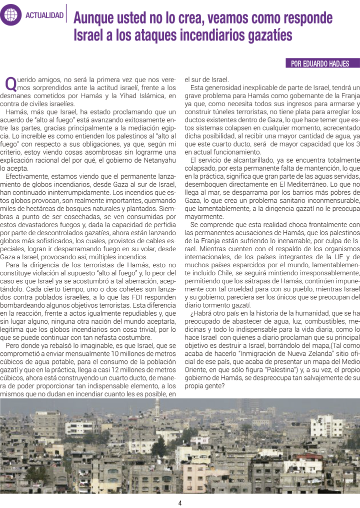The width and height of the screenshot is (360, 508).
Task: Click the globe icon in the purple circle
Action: [x=10, y=15]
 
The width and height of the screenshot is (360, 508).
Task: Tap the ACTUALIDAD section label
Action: [x=44, y=16]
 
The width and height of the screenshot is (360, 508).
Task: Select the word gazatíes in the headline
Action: [x=264, y=36]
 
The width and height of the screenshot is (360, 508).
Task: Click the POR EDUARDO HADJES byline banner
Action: [x=323, y=64]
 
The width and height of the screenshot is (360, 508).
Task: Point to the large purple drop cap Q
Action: [x=10, y=83]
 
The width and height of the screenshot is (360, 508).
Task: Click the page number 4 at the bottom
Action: [x=179, y=502]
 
